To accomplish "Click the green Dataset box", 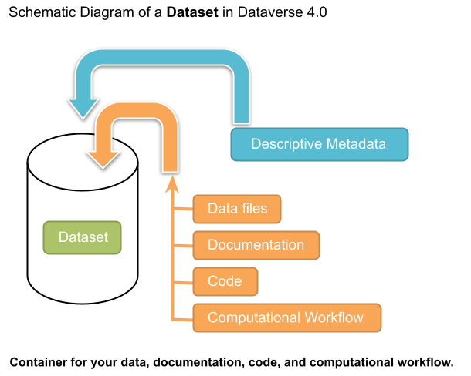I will pos(82,237).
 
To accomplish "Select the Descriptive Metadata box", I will pos(319,144).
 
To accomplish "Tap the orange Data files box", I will pos(237,208).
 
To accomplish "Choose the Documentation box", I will pos(256,245).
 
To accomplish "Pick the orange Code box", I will pos(225,281).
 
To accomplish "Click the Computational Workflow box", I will pos(286,317).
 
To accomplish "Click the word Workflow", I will pos(334,317).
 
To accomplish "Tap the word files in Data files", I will pos(253,208).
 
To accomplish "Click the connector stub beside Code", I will pos(181,281).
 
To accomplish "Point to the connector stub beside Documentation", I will pos(181,245).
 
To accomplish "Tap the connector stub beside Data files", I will pos(181,208).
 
